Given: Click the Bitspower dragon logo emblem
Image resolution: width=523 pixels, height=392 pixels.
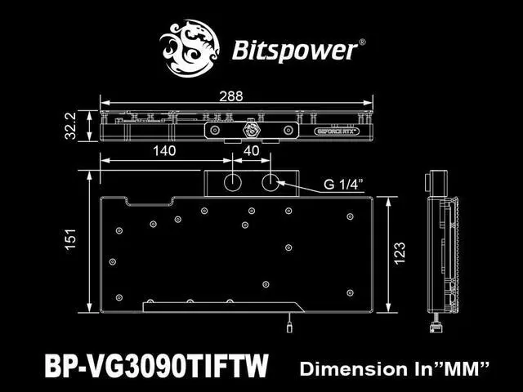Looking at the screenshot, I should pyautogui.click(x=194, y=48).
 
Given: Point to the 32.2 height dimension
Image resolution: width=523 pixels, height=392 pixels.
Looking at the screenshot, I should pyautogui.click(x=71, y=126).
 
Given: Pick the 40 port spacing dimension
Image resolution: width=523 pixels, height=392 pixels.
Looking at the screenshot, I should pyautogui.click(x=251, y=151).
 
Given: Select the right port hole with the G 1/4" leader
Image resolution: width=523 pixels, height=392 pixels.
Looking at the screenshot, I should pyautogui.click(x=270, y=183).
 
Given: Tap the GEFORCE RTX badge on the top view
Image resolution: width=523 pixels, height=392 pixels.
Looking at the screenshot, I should pyautogui.click(x=337, y=130).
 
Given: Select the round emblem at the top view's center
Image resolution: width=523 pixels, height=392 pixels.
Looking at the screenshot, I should pyautogui.click(x=251, y=130).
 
